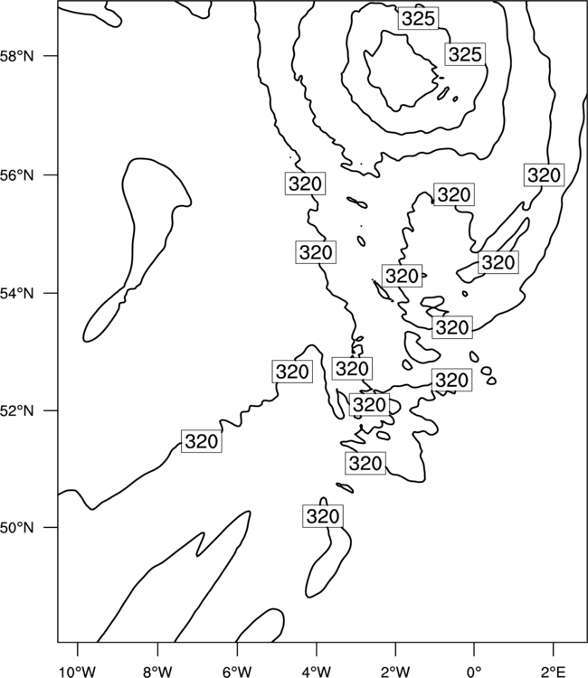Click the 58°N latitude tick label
click(17, 56)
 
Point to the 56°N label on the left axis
click(17, 175)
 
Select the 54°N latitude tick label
click(17, 293)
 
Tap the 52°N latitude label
click(17, 410)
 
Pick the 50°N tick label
click(17, 528)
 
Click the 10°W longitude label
click(78, 671)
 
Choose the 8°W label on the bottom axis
click(157, 671)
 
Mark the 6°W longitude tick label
click(237, 671)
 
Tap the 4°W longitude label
click(317, 671)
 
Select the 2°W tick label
click(395, 671)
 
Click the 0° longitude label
click(475, 671)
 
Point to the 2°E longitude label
click(554, 671)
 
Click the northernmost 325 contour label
click(418, 19)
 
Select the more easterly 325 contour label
click(465, 54)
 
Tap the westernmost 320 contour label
click(201, 441)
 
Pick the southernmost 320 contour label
click(323, 516)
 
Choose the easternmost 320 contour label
click(544, 175)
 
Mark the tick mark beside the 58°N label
click(50, 56)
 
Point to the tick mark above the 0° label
click(475, 649)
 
